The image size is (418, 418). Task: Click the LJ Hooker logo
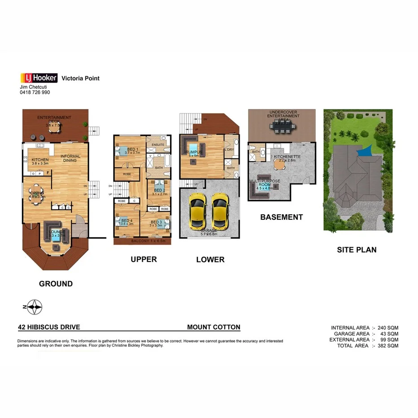tap(39, 78)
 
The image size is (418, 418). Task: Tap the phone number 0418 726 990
tap(35, 92)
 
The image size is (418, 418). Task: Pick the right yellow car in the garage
tap(220, 210)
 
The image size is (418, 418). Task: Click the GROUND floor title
tap(56, 283)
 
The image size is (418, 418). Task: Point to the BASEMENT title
tap(282, 217)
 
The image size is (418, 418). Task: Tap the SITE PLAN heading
tap(357, 249)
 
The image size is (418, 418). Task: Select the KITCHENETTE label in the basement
tap(287, 157)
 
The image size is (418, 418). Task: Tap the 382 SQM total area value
tap(387, 346)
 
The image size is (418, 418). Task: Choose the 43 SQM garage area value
tap(388, 334)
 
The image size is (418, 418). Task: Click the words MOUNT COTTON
tap(213, 327)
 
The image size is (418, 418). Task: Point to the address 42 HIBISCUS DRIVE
tap(49, 327)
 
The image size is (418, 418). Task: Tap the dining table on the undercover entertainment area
tap(282, 128)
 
